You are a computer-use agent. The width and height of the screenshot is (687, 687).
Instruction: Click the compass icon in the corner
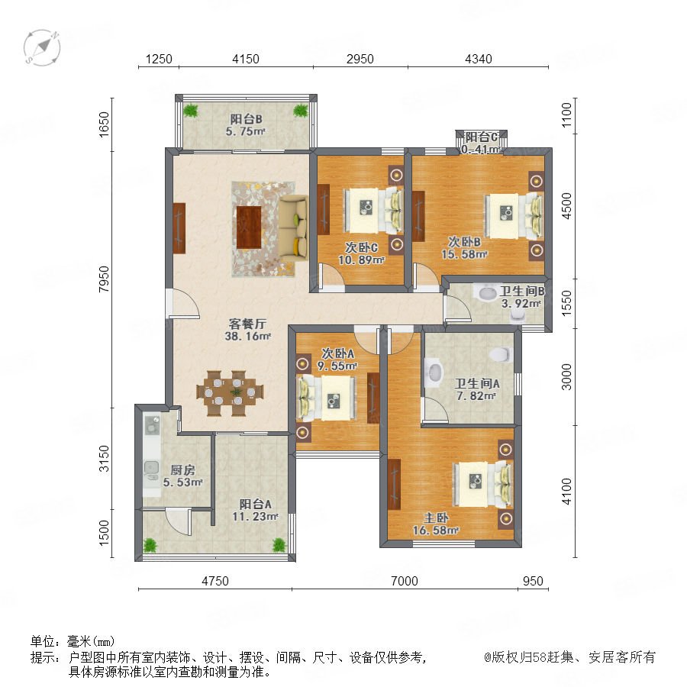[x=42, y=47]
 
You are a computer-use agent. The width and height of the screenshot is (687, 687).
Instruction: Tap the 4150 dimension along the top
[x=245, y=59]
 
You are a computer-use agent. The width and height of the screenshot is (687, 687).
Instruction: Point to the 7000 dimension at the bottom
[x=404, y=581]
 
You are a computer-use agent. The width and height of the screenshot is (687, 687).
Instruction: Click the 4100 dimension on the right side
[x=566, y=491]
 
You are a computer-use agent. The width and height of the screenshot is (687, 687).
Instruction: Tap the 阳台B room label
[x=247, y=119]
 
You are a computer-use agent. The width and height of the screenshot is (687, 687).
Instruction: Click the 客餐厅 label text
[x=247, y=324]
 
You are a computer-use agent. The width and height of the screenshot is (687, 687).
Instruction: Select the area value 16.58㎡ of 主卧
[x=436, y=531]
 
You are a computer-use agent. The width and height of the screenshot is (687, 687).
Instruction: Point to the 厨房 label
[x=182, y=470]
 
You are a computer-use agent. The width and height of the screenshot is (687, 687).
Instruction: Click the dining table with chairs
[x=230, y=393]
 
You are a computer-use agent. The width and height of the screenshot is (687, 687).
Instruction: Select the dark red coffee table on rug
[x=249, y=227]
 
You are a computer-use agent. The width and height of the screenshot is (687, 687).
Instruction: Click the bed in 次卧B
[x=514, y=215]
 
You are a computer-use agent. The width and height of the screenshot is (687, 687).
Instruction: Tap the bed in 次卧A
[x=327, y=398]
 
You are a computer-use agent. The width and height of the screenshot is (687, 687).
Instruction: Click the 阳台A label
[x=256, y=504]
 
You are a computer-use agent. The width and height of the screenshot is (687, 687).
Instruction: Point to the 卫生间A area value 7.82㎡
[x=476, y=395]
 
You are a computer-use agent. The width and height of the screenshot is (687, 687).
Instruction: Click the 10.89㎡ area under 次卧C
[x=361, y=260]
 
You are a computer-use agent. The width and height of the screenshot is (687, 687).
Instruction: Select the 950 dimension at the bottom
[x=533, y=581]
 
